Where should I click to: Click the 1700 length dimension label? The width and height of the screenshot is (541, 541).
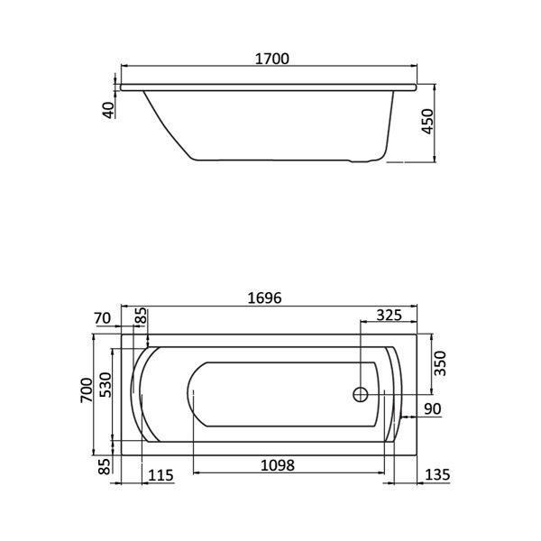[x=272, y=59]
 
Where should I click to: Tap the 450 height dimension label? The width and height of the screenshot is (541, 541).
[x=427, y=122]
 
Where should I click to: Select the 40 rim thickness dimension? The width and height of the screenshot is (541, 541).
[x=109, y=110]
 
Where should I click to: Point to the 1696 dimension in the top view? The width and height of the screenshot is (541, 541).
[x=264, y=298]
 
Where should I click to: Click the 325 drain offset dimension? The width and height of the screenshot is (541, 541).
[x=389, y=315]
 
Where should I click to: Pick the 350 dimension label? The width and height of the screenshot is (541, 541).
[x=440, y=363]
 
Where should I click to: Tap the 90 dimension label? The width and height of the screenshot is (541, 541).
[x=433, y=409]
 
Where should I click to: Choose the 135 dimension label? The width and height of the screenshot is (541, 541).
[x=437, y=475]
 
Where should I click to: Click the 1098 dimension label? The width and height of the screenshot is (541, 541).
[x=278, y=465]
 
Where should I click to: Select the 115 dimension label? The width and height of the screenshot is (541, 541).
[x=160, y=475]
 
